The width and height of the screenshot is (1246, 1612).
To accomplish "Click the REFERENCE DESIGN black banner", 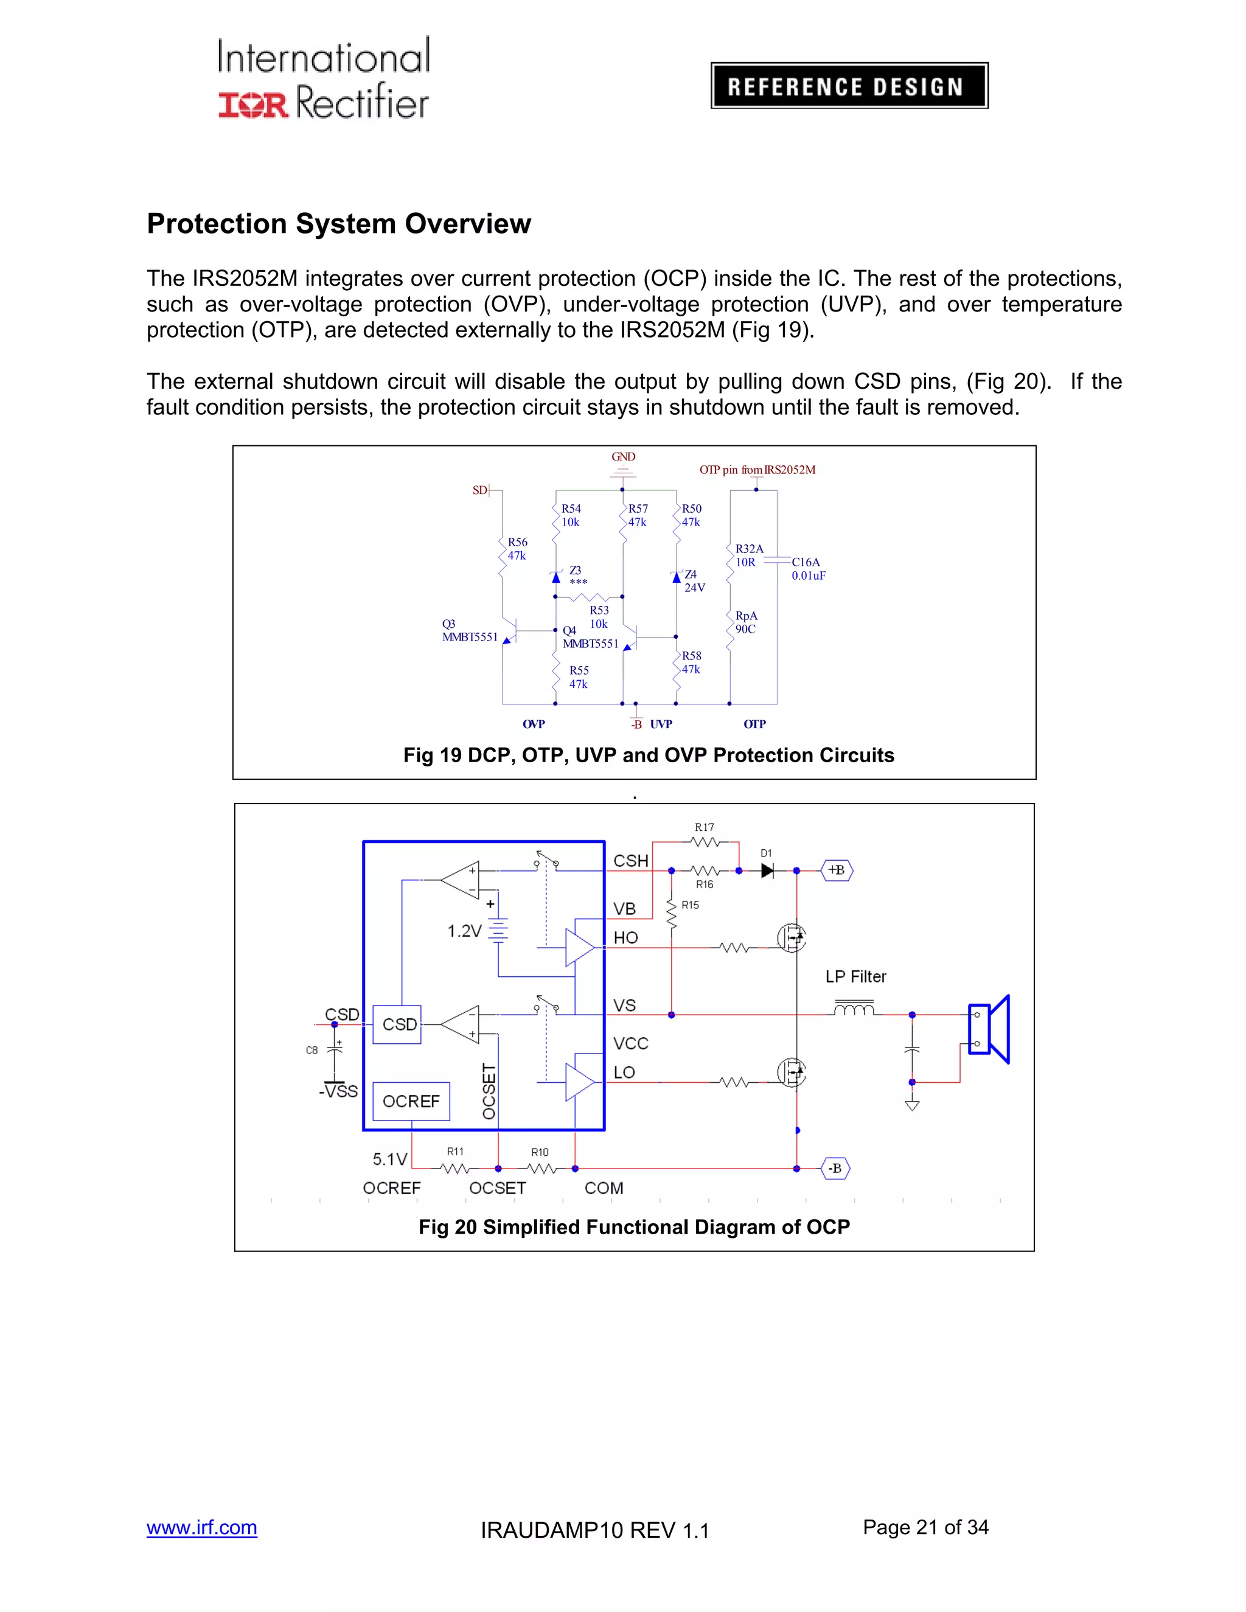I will tap(849, 86).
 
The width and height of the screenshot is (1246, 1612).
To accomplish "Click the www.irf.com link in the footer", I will tap(201, 1527).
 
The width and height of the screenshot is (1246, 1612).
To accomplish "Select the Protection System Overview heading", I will tap(339, 224).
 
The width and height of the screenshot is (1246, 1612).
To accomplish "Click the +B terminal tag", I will tap(837, 870).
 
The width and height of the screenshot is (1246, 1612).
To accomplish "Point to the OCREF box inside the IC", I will tap(411, 1101).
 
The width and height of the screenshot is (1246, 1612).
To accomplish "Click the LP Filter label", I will tap(855, 976).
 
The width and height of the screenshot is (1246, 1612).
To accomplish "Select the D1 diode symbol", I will tap(767, 871).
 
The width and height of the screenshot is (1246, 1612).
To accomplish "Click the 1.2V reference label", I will tap(464, 931).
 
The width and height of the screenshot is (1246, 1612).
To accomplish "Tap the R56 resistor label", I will tap(517, 549).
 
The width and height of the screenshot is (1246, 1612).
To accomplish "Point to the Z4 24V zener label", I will tap(694, 581).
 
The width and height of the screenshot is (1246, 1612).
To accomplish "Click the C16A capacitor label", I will tap(809, 568).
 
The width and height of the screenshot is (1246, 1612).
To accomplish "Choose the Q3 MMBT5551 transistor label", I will tap(470, 630).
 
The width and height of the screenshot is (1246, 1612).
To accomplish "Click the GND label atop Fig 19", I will tap(623, 457).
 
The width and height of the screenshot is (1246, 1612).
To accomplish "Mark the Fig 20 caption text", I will tap(634, 1227).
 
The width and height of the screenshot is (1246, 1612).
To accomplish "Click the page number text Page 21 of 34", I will tap(925, 1527).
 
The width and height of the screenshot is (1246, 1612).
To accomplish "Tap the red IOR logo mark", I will tap(252, 104).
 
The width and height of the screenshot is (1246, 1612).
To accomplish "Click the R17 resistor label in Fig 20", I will tap(704, 827).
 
